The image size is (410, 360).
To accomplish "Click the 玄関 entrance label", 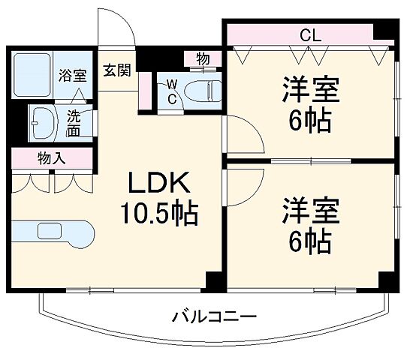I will click(117, 70).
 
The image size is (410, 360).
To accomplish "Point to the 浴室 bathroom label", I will click(72, 74).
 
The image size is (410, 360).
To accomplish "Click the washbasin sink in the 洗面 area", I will click(43, 120).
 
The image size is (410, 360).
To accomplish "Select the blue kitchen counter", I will click(51, 233).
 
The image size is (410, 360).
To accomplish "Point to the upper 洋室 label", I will click(309, 90).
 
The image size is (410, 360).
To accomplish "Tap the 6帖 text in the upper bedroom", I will click(309, 120).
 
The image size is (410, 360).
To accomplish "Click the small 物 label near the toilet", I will click(203, 58).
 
